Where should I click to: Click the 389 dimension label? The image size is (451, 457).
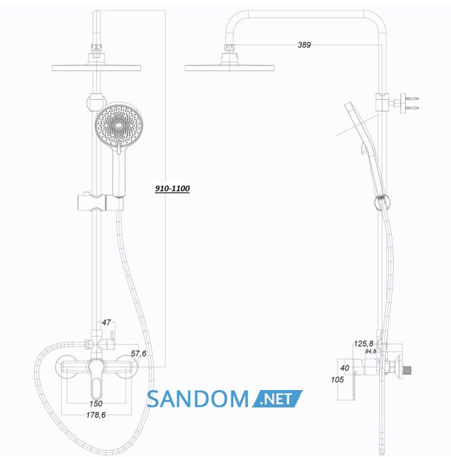(304, 45)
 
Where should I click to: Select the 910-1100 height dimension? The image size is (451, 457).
(172, 189)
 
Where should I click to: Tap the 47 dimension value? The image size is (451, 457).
(106, 322)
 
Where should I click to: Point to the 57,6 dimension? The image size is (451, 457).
(139, 353)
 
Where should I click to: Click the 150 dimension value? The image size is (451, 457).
(96, 404)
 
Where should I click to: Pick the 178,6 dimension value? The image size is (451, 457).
(96, 415)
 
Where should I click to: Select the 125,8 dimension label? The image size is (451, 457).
(363, 344)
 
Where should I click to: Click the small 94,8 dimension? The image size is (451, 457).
(370, 351)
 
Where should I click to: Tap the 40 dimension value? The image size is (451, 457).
(345, 368)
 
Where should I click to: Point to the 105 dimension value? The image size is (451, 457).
(337, 380)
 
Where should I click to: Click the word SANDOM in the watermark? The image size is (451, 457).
(198, 399)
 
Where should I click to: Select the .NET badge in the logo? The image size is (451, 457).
(277, 398)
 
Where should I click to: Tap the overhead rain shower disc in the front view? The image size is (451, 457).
(96, 68)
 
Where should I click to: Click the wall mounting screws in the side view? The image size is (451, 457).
(412, 103)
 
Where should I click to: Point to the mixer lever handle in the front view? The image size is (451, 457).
(96, 379)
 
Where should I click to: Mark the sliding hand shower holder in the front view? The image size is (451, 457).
(101, 202)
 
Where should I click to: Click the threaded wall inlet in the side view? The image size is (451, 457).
(407, 370)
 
